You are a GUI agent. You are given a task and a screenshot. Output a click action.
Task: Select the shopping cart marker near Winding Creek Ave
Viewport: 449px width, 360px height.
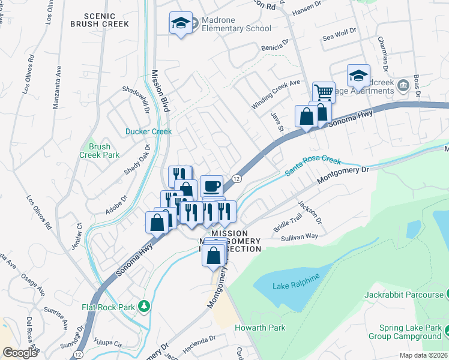[323, 92]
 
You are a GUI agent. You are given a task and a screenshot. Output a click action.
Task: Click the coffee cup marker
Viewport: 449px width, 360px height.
[211, 185]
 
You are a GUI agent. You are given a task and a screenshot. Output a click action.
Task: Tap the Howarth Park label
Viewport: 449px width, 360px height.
[260, 328]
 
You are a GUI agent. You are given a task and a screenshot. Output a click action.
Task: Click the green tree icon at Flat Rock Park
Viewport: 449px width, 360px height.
[143, 307]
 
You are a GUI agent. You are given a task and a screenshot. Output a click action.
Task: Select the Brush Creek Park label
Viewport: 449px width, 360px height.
[99, 151]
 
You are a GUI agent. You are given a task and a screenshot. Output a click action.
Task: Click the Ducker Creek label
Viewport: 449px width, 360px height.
[148, 131]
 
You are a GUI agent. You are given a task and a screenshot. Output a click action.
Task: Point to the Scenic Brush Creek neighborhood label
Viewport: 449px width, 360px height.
[99, 20]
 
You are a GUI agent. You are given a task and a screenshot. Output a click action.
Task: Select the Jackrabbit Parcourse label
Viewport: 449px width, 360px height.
[403, 295]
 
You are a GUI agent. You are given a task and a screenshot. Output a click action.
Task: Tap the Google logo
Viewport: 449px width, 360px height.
[20, 353]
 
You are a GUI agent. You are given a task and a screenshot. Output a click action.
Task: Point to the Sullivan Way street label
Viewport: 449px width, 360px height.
[299, 236]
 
